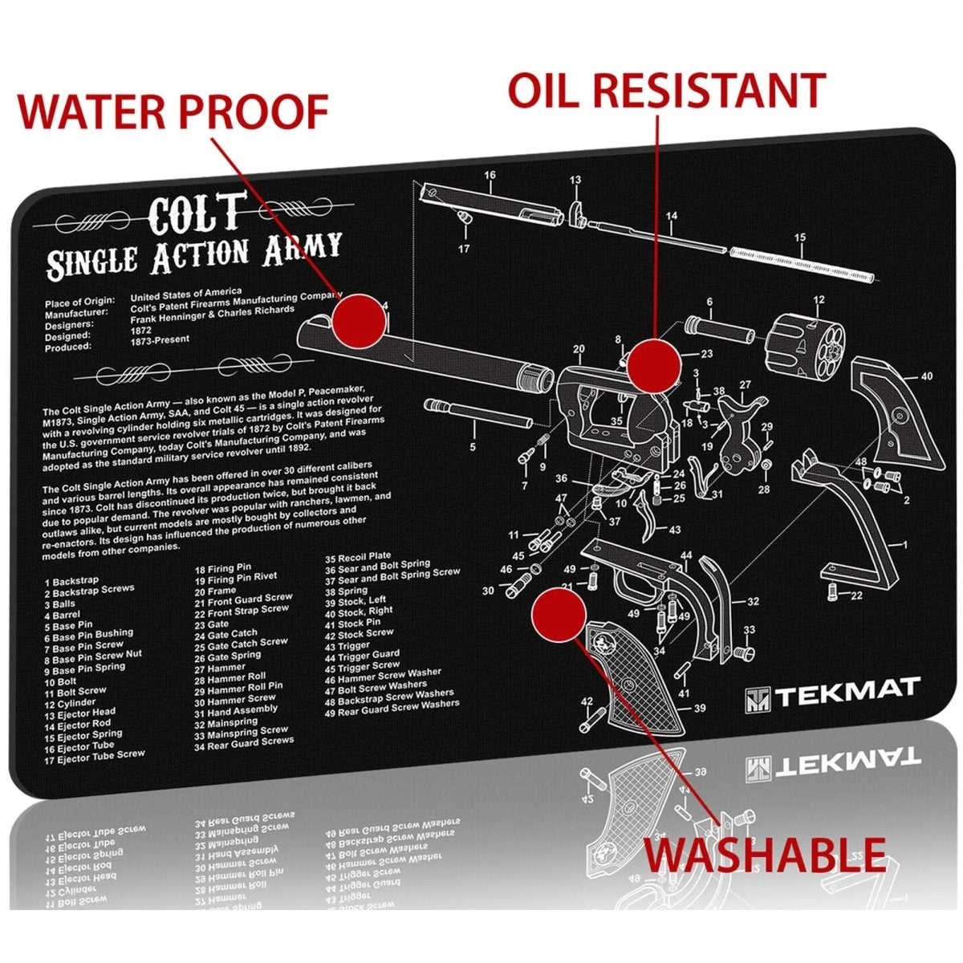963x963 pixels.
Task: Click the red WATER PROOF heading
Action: (173, 112)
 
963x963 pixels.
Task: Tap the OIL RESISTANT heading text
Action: (666, 90)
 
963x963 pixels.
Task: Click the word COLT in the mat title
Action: (196, 213)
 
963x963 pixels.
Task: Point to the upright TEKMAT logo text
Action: (847, 690)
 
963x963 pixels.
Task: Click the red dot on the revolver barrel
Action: (359, 319)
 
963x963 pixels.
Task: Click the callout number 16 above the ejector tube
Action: (490, 175)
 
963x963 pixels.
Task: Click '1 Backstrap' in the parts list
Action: (72, 580)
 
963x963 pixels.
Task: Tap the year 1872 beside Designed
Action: (142, 331)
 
